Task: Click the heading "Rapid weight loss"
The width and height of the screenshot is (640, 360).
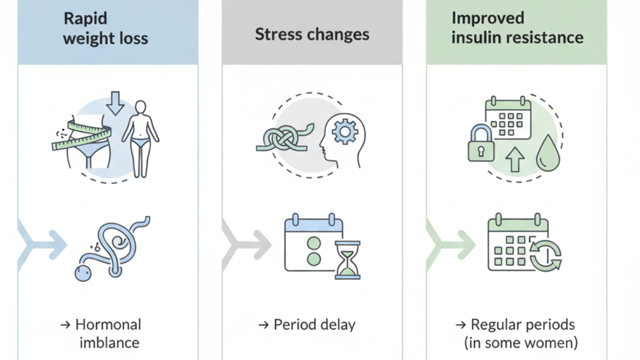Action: click(x=105, y=28)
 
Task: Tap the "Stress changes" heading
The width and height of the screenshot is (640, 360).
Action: click(x=312, y=34)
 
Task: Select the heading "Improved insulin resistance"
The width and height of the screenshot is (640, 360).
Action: click(x=517, y=28)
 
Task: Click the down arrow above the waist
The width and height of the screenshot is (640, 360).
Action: click(x=115, y=103)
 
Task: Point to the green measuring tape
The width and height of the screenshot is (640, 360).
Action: click(x=81, y=135)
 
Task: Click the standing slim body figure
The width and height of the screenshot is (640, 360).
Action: click(x=140, y=139)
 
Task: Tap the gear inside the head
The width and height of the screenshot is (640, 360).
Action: click(x=345, y=131)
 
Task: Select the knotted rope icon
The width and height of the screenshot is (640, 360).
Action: click(x=285, y=137)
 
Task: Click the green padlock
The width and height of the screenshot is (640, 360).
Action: click(x=481, y=143)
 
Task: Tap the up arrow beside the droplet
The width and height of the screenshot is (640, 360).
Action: click(x=515, y=159)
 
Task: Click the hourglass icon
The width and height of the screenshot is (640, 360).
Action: click(x=347, y=260)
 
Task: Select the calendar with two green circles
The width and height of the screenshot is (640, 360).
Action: click(x=313, y=242)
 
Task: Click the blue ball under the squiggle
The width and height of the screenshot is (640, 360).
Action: click(x=83, y=273)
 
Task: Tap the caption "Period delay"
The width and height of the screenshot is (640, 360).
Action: click(x=314, y=324)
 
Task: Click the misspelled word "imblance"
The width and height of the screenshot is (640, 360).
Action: click(x=109, y=342)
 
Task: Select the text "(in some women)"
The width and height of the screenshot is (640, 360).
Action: click(x=521, y=343)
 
